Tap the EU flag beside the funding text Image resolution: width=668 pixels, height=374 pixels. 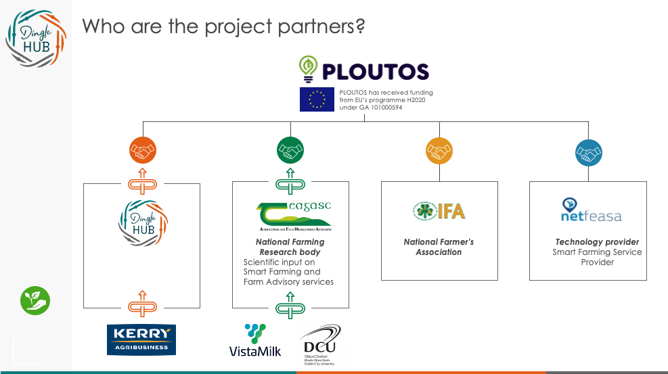click(317, 99)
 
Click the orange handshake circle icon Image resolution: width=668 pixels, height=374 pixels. click(142, 150)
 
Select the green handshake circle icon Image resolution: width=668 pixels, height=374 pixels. click(290, 150)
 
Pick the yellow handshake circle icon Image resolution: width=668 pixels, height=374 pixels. click(439, 150)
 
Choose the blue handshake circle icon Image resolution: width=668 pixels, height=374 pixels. click(587, 152)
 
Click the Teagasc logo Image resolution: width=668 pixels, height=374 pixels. click(293, 216)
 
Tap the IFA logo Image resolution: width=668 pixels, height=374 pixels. click(439, 211)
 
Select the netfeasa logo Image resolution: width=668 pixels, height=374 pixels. click(591, 210)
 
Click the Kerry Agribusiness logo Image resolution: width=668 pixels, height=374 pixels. click(141, 340)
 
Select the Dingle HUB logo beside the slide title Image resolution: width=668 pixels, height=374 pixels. click(36, 39)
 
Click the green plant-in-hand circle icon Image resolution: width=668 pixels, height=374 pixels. click(36, 300)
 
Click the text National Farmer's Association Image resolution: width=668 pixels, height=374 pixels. click(439, 247)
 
